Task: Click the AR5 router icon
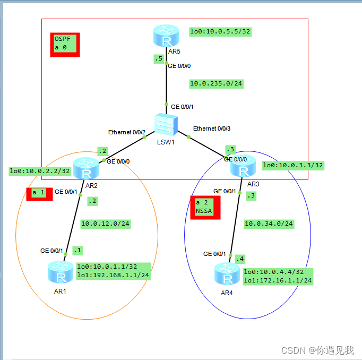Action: coord(167,36)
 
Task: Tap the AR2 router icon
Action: coord(87,169)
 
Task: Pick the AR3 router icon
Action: coord(243,166)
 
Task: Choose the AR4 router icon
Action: coord(228,273)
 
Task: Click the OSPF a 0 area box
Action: coord(65,45)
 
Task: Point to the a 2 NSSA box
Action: coord(205,207)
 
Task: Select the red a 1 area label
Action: coord(38,193)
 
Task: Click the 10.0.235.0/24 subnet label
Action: coord(216,83)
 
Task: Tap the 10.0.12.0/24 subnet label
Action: coord(105,224)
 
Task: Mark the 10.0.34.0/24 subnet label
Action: coord(269,224)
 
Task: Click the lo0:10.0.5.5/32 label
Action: coord(220,31)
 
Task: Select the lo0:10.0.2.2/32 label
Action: coord(40,171)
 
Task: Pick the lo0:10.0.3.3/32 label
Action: coord(292,165)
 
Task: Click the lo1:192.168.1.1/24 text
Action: coord(113,275)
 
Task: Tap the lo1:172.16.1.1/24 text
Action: coord(278,280)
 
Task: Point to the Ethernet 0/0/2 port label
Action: coord(127,132)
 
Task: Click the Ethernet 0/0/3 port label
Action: coord(212,128)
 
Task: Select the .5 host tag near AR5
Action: coord(158,59)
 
